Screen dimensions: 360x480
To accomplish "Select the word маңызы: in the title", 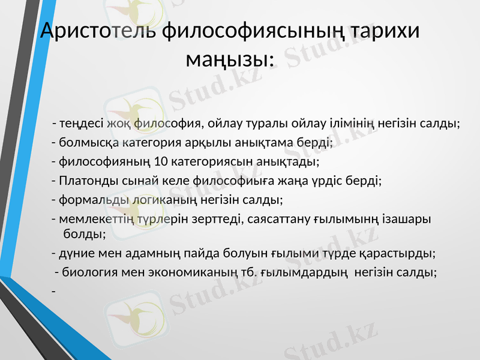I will click(230, 59).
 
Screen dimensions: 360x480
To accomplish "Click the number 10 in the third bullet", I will click(161, 161).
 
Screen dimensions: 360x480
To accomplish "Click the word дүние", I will click(73, 253).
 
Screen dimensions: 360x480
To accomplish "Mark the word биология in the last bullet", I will click(86, 272).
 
